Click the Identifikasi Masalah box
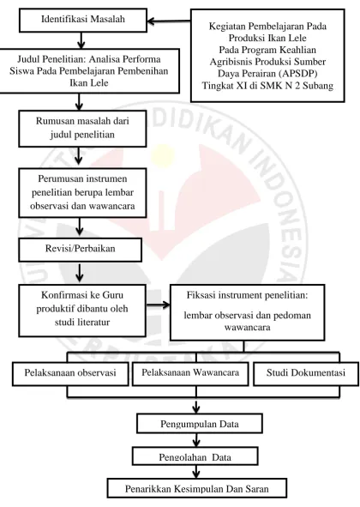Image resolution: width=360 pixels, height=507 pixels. coord(83,21)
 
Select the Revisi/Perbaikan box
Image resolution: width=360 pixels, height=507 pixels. coord(81,250)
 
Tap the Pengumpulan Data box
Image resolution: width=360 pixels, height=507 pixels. coord(200,424)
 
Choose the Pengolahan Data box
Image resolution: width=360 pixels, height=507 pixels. coord(195,456)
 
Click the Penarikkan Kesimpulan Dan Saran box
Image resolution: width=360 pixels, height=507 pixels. coord(197,488)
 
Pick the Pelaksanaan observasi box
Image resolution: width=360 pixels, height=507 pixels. coord(70,374)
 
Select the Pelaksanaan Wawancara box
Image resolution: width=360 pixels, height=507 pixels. coord(190,374)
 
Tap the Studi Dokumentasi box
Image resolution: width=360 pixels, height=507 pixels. coord(306,374)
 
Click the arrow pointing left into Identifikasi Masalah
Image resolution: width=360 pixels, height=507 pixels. coord(169,21)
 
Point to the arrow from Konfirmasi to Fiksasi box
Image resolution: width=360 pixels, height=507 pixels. coord(158,305)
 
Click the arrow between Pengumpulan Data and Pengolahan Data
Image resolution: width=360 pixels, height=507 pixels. coord(195,440)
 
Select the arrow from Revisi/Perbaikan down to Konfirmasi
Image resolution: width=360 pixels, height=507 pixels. coord(80,273)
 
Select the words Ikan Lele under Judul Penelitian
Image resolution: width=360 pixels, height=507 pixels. coord(89,82)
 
